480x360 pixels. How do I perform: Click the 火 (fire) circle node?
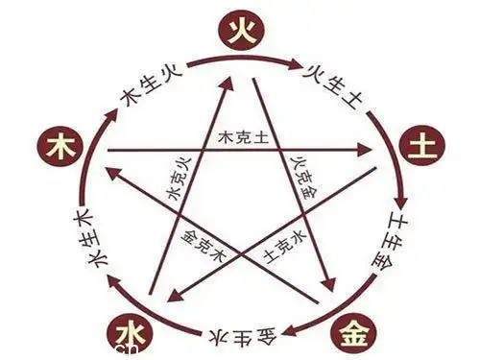(239, 32)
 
